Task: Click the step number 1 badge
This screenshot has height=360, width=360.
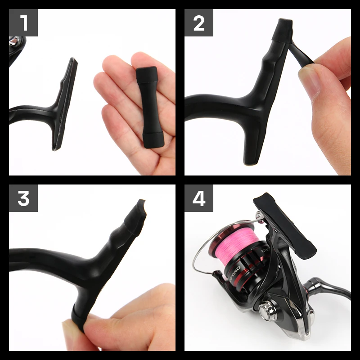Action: pos(23,23)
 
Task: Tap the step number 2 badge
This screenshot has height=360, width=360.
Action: pos(199,23)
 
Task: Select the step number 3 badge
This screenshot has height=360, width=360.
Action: pos(23,198)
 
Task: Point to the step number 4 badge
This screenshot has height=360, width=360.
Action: pos(199,198)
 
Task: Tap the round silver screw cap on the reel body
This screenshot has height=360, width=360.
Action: pos(265,309)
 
